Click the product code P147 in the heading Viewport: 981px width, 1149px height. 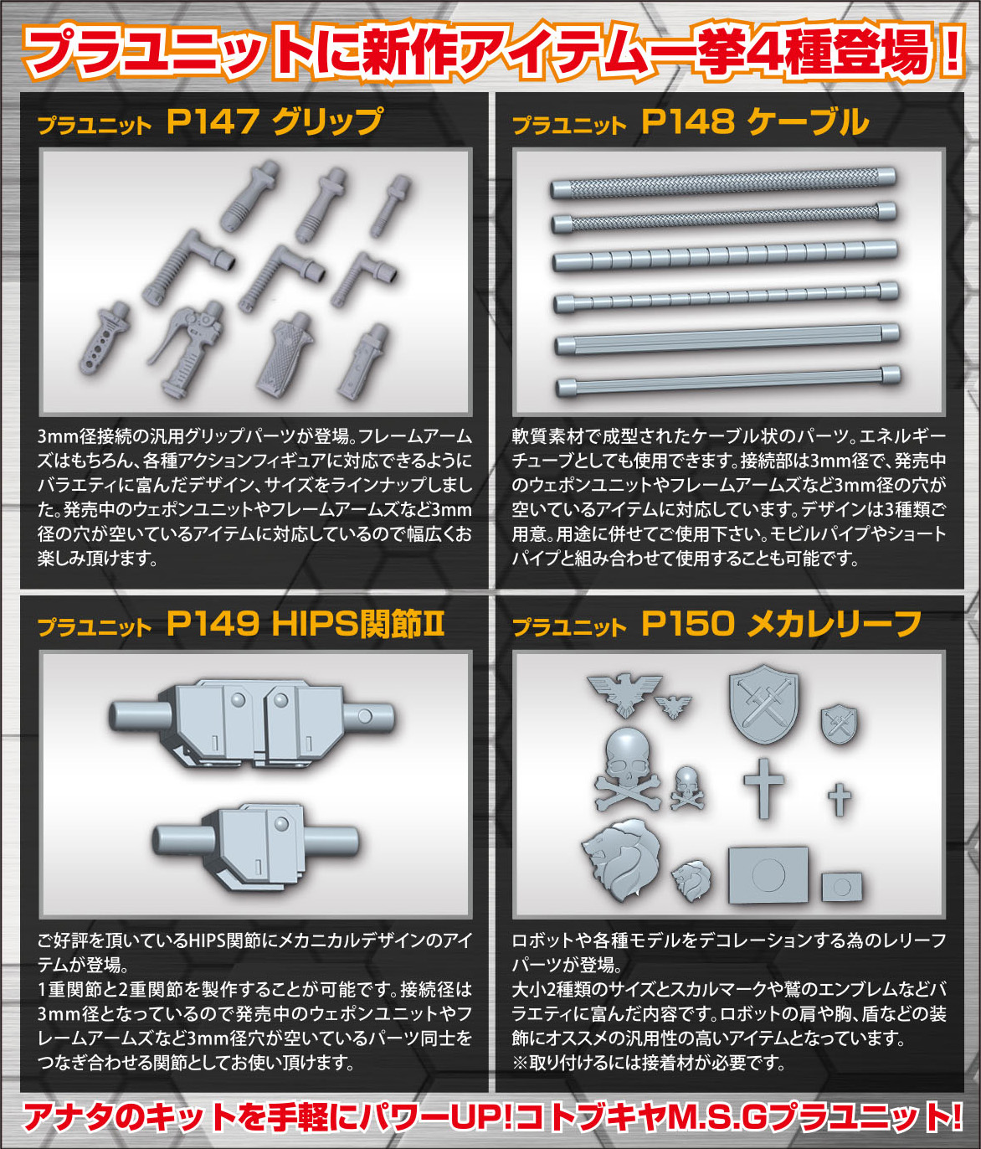(x=213, y=121)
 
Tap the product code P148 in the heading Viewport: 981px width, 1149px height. (x=688, y=121)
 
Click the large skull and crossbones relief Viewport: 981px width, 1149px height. (x=629, y=770)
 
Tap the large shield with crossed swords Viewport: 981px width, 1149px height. (x=764, y=705)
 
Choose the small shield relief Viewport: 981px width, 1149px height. (x=840, y=725)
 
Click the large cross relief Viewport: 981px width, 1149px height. (x=764, y=788)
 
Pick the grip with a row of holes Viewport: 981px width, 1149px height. (x=105, y=338)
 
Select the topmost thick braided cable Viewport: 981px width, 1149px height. (x=722, y=183)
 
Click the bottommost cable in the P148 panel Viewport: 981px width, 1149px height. (x=727, y=381)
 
